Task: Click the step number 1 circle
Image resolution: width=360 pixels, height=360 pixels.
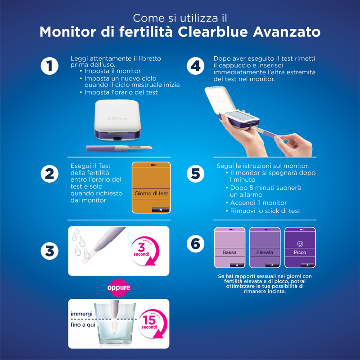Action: click(x=49, y=66)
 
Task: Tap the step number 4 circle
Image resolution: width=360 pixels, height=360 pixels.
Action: click(x=195, y=66)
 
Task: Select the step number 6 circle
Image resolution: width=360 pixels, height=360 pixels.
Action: click(x=195, y=243)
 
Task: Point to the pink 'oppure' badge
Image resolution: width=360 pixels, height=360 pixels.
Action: click(x=118, y=287)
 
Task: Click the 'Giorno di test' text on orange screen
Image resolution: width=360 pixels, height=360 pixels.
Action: click(x=151, y=193)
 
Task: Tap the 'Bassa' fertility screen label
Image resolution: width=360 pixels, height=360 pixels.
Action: click(x=229, y=252)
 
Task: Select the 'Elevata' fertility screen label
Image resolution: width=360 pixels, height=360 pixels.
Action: click(x=265, y=252)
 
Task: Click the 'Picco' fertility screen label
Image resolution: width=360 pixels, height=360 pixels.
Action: click(x=300, y=252)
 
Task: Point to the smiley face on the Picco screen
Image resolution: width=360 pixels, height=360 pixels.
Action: click(x=300, y=243)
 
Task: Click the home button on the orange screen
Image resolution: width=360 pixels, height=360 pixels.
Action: click(x=161, y=209)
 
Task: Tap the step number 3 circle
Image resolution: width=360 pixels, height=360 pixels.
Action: click(x=49, y=251)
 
